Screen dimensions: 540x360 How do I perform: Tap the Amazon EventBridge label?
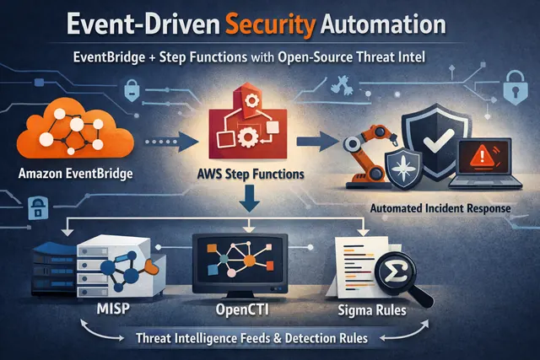[75, 173]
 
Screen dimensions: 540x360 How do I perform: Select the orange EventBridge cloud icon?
[75, 128]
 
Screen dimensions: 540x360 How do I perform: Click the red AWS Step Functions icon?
[248, 124]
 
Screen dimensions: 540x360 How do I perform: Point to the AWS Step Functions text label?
[251, 175]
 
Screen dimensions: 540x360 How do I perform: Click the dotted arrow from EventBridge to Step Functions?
[171, 142]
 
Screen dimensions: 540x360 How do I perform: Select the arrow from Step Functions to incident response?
[317, 141]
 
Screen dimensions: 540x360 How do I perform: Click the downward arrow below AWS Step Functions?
[250, 198]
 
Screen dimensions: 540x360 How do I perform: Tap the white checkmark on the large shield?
[438, 141]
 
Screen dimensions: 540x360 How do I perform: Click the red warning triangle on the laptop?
[482, 154]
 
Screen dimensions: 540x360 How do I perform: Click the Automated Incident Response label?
[440, 208]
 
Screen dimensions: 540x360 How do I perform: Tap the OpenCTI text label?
[242, 309]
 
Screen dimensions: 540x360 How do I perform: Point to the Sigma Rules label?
[372, 310]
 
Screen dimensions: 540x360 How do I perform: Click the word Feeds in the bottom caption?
[260, 337]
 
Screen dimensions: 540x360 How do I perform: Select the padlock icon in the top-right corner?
[516, 88]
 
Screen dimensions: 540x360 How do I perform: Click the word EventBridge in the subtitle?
[109, 56]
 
